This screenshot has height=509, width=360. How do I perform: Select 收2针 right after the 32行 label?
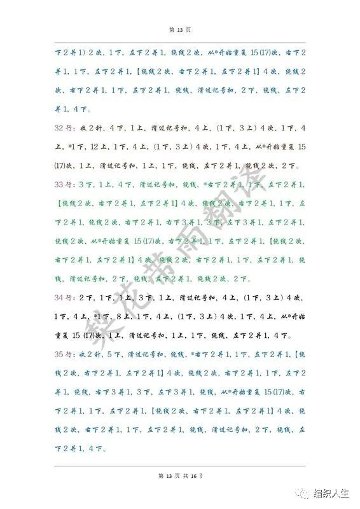pos(88,128)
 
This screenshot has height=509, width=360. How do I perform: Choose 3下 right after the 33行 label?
pos(85,185)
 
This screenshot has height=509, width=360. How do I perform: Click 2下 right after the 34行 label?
pos(85,297)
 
